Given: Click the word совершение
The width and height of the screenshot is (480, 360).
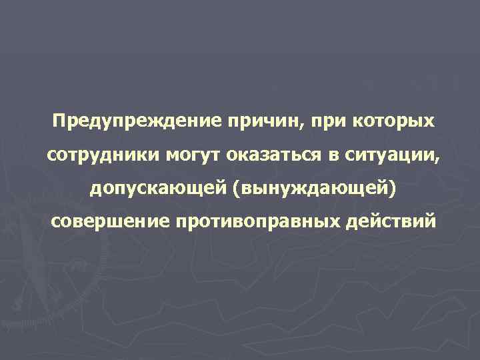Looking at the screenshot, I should [x=109, y=221].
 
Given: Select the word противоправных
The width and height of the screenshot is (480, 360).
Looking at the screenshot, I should [x=259, y=221].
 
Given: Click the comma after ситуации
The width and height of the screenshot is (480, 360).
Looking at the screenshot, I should [x=437, y=161].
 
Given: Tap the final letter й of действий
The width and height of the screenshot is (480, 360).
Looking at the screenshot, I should [x=429, y=221].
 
